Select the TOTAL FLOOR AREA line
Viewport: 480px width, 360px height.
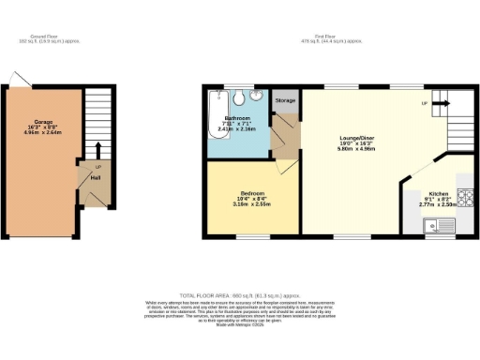pos(240,294)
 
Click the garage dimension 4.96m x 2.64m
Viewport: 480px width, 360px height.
pos(43,133)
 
